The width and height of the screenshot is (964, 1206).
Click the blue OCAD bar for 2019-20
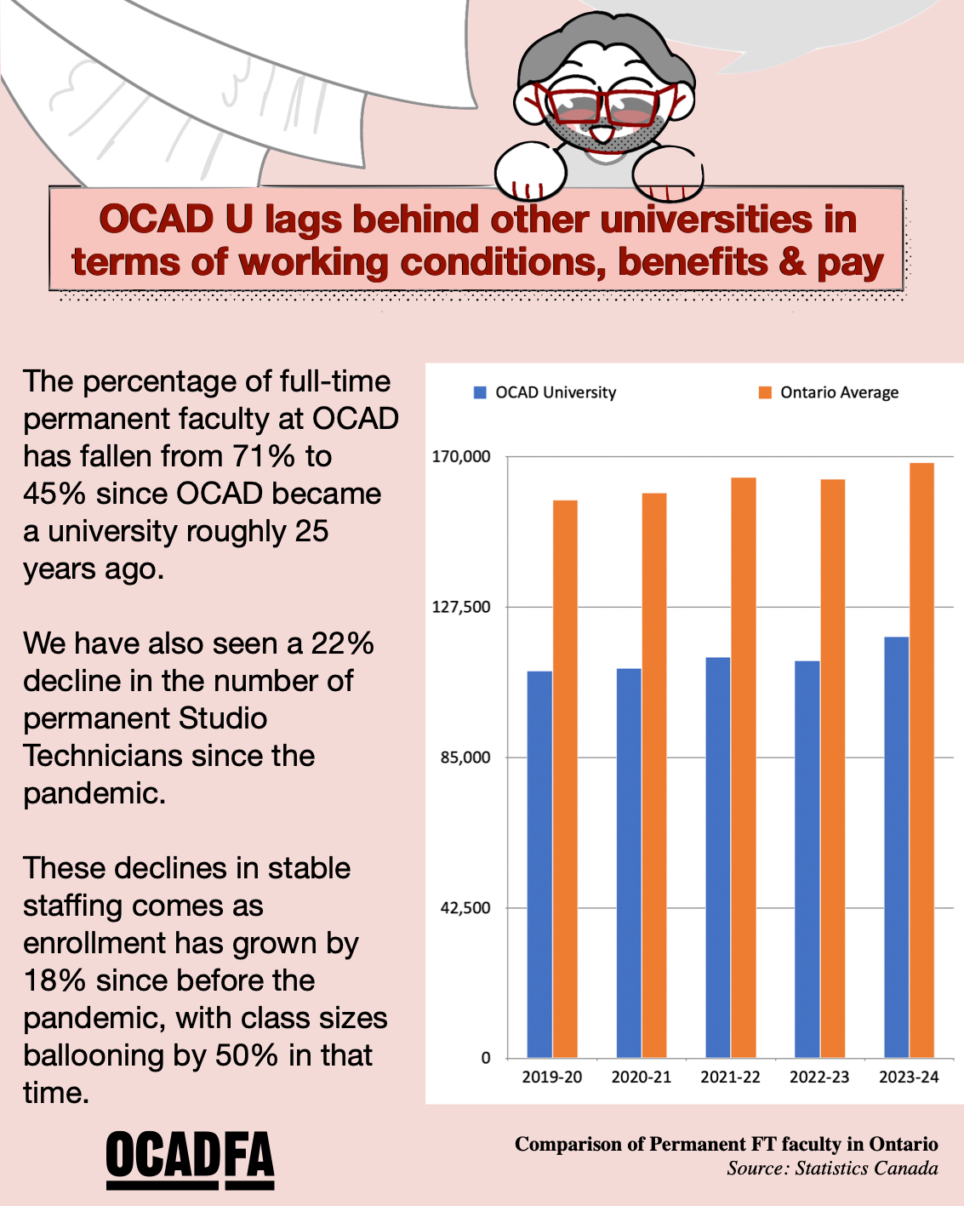[x=539, y=864]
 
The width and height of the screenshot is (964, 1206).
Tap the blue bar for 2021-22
[x=718, y=857]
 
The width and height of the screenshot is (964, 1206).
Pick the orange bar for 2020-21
[x=654, y=774]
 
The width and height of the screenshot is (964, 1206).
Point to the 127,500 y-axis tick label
[x=462, y=607]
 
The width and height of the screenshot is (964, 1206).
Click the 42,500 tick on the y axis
[x=465, y=908]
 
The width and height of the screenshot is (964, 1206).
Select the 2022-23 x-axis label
[x=819, y=1077]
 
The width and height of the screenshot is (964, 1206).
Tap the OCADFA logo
[x=190, y=1160]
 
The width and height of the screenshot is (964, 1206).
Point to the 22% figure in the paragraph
[x=342, y=643]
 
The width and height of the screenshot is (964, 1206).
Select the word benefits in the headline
[x=693, y=262]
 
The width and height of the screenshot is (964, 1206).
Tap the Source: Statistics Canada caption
[x=832, y=1169]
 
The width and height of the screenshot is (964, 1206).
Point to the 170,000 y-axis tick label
[x=462, y=456]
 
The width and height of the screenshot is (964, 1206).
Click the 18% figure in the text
[x=54, y=980]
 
